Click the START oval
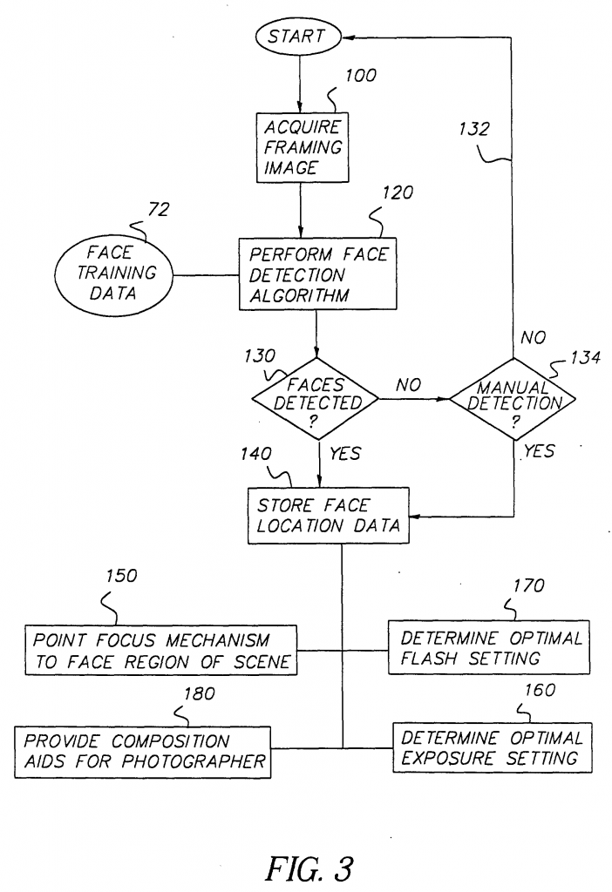[x=296, y=37]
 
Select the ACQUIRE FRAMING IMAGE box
[x=299, y=148]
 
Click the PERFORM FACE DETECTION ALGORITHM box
[x=317, y=274]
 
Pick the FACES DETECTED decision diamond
[x=316, y=400]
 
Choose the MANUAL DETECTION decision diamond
[x=513, y=400]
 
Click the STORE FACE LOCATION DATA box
[x=328, y=516]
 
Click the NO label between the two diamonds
[x=410, y=383]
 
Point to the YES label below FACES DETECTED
[x=345, y=454]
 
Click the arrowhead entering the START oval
[x=347, y=37]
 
